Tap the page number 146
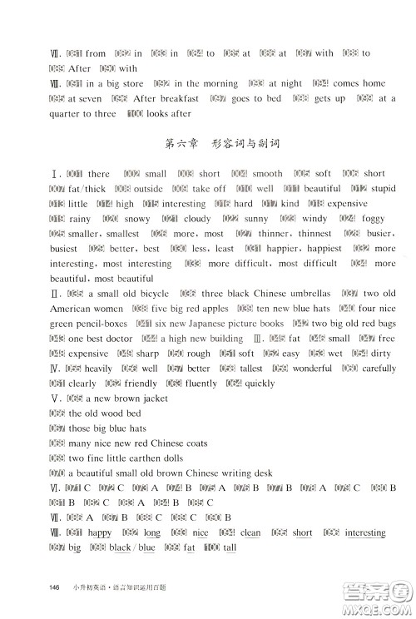coord(56,588)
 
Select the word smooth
coord(267,174)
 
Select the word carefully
coord(379,369)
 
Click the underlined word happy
coord(100,532)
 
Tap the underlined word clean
coord(250,532)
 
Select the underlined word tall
coord(230,547)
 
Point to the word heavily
coord(97,369)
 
